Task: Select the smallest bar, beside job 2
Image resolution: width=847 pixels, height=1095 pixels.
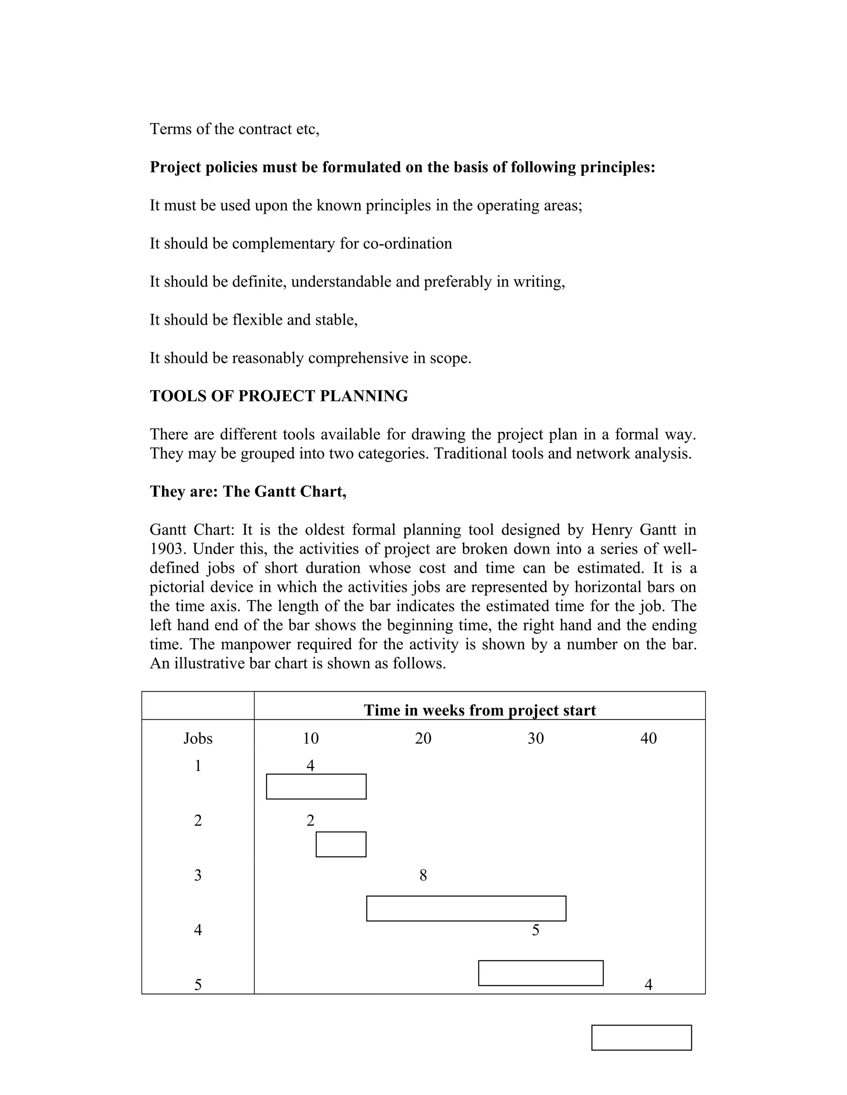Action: (x=341, y=844)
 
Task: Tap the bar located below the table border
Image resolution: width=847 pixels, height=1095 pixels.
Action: (x=641, y=1037)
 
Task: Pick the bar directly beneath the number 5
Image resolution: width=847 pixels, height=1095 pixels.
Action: (x=541, y=973)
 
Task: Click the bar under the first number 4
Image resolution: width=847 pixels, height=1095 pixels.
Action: (x=316, y=787)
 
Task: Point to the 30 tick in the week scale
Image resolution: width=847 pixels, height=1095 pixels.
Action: (x=536, y=738)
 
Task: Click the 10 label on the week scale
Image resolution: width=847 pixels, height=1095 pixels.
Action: (x=311, y=738)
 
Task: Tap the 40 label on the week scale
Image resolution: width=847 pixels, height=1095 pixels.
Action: (x=648, y=738)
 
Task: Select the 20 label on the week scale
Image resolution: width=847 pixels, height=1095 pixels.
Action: (x=423, y=738)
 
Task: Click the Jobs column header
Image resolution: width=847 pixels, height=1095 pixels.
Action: (x=198, y=738)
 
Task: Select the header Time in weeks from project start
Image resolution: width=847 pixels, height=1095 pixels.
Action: (x=480, y=710)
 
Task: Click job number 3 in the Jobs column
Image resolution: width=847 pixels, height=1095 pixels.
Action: (x=198, y=876)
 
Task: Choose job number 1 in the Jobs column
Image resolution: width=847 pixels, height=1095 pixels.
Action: (x=198, y=766)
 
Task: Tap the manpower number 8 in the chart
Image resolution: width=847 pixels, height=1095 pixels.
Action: (x=423, y=876)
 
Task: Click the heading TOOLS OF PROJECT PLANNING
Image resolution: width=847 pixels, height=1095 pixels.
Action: (x=279, y=396)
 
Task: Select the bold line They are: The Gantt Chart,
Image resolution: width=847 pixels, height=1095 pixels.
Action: (x=248, y=491)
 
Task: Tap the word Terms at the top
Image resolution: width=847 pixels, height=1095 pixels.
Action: (x=171, y=129)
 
